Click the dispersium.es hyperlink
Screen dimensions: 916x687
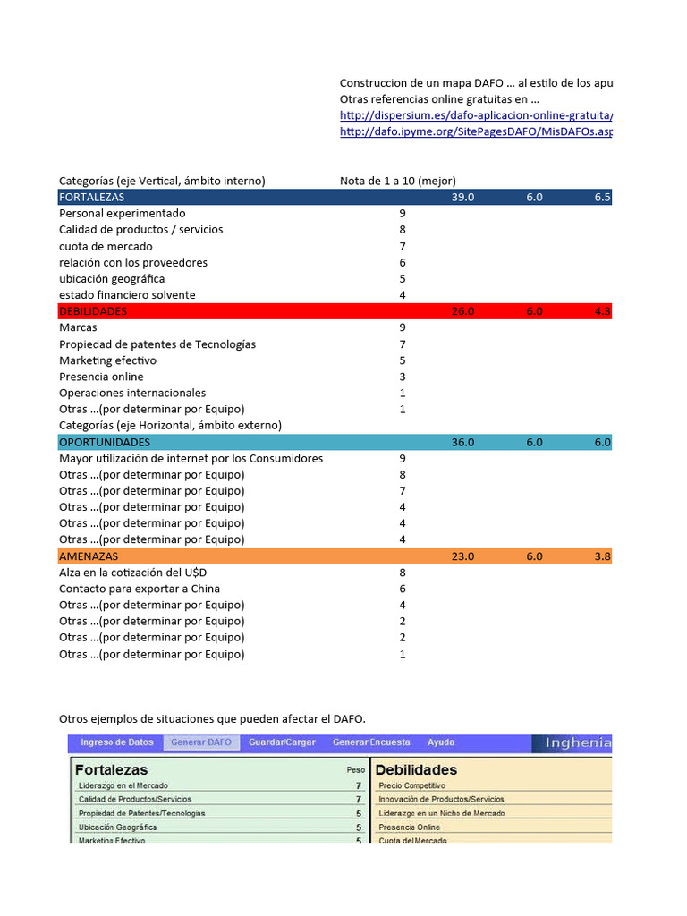pyautogui.click(x=476, y=115)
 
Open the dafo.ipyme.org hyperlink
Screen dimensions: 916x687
pyautogui.click(x=476, y=131)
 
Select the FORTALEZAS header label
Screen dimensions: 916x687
pyautogui.click(x=92, y=197)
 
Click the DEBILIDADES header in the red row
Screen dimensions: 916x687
pyautogui.click(x=93, y=311)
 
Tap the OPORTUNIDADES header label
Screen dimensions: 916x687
pyautogui.click(x=105, y=442)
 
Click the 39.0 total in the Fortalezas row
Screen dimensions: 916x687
pyautogui.click(x=462, y=197)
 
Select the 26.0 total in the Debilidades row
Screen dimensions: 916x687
pyautogui.click(x=462, y=311)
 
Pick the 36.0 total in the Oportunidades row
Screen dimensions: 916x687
pyautogui.click(x=462, y=442)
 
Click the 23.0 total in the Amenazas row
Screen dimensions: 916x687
pyautogui.click(x=462, y=556)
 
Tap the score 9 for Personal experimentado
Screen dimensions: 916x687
pyautogui.click(x=403, y=214)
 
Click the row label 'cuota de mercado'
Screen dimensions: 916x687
pyautogui.click(x=106, y=246)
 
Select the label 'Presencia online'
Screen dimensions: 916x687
pyautogui.click(x=101, y=377)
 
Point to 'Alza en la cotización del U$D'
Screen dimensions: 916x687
pyautogui.click(x=137, y=572)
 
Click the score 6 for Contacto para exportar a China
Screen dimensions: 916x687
pyautogui.click(x=403, y=589)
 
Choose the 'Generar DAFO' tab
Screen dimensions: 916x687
pyautogui.click(x=201, y=742)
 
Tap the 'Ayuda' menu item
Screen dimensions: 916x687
pyautogui.click(x=440, y=742)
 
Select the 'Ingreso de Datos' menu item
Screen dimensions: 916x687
pyautogui.click(x=116, y=742)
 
